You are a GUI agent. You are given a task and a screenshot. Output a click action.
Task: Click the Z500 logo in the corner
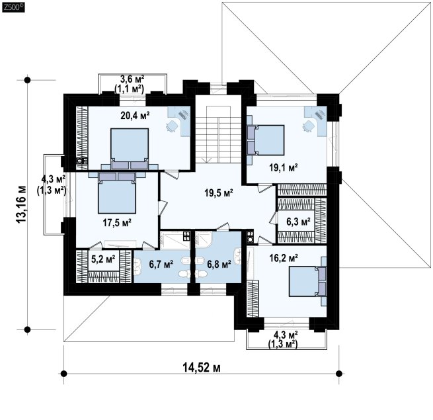pos(13,7)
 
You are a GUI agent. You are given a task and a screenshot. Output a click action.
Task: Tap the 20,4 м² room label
pos(135,115)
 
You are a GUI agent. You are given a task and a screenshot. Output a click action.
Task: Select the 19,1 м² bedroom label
pos(284,167)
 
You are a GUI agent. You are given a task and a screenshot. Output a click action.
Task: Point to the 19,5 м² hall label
pos(219,192)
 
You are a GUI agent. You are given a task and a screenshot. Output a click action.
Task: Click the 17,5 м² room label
pos(117,222)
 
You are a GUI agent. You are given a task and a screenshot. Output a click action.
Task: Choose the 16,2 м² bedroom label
pos(284,259)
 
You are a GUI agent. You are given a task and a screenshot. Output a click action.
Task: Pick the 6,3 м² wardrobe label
pos(298,222)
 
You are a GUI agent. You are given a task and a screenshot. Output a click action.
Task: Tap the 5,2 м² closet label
pos(103,259)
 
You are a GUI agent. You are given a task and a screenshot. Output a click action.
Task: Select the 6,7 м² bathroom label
pos(161,264)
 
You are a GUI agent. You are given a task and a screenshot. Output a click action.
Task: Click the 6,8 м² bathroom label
pos(219,264)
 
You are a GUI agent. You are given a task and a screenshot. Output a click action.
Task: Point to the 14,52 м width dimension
pos(202,368)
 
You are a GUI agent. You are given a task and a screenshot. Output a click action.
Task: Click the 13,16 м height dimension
pos(22,204)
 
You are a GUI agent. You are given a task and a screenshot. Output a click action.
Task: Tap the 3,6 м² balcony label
pos(132,79)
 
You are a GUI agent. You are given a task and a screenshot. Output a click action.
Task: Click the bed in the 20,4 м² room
pos(130,149)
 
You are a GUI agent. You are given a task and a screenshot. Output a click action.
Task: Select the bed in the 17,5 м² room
pos(117,193)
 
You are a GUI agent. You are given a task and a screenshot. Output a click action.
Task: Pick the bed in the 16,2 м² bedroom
pos(307,281)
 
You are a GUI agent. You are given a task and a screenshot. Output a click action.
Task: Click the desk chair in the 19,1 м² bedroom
pos(308,126)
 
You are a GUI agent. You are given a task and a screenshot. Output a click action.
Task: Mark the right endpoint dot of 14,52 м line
pos(339,374)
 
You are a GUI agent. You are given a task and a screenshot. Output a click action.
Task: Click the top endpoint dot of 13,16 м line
pos(27,80)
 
